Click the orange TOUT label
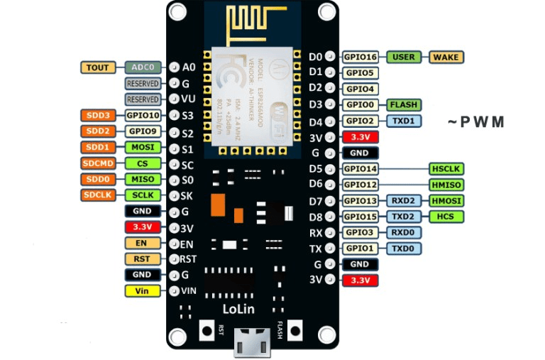click(98, 67)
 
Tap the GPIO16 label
click(360, 57)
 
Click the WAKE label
click(445, 57)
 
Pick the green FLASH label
click(404, 105)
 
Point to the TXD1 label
click(404, 121)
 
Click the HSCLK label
click(446, 169)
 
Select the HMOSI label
click(446, 201)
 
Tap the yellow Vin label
click(143, 291)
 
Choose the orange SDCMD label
click(97, 163)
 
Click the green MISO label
click(143, 180)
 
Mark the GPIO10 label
click(143, 115)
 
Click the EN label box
click(143, 244)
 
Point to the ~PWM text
click(475, 122)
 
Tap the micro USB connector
click(250, 344)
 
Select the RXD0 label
click(404, 233)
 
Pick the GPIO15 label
click(360, 217)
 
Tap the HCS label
click(446, 217)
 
